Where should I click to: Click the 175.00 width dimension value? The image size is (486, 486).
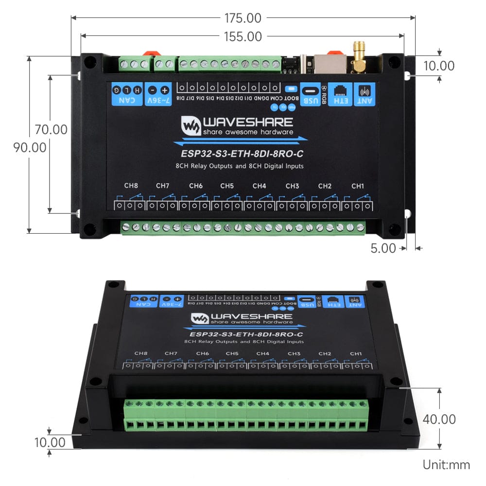[x=243, y=18]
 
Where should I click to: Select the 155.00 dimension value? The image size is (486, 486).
[x=243, y=36]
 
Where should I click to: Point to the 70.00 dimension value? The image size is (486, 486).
[x=51, y=130]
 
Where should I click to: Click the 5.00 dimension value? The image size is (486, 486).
[x=383, y=248]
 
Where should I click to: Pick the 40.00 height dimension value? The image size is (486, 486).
[x=439, y=419]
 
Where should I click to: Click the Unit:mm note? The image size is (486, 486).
[x=446, y=465]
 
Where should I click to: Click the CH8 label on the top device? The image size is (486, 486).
[x=131, y=186]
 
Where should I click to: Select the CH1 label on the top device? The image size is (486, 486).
[x=358, y=186]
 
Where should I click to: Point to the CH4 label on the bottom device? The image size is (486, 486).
[x=262, y=353]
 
